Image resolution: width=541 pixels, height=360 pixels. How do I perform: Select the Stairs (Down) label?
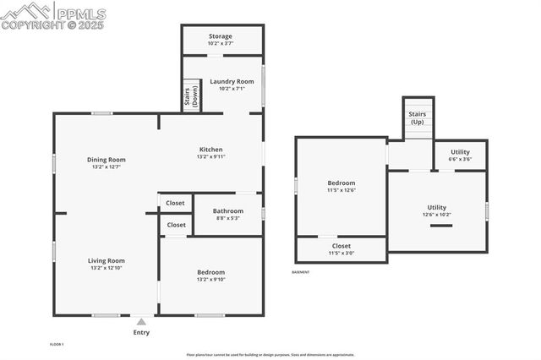[190, 96]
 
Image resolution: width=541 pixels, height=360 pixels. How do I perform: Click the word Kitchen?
[211, 150]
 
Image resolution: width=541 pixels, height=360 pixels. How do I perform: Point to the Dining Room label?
[106, 160]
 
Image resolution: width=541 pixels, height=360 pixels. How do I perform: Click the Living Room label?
[106, 261]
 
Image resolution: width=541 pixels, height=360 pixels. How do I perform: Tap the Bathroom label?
[227, 211]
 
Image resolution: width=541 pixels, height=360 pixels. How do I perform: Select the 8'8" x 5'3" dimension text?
[227, 218]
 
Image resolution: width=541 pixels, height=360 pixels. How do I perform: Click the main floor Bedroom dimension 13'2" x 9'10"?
[211, 279]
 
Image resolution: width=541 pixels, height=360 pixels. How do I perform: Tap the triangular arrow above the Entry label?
[141, 322]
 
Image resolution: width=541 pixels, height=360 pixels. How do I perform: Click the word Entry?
[141, 332]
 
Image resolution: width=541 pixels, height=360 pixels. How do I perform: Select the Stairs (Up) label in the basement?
[418, 117]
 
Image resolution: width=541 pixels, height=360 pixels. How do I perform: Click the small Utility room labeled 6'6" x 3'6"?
[460, 155]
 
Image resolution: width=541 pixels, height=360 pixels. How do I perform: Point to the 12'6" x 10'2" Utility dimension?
[436, 214]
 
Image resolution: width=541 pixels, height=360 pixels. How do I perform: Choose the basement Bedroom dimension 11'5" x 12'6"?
[342, 190]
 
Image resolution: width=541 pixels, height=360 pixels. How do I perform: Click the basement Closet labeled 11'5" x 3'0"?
[342, 248]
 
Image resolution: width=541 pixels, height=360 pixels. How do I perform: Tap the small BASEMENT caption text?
[301, 272]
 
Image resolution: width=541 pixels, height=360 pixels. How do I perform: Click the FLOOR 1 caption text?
[57, 344]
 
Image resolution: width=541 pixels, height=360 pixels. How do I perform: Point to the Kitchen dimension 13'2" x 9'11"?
[211, 156]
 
